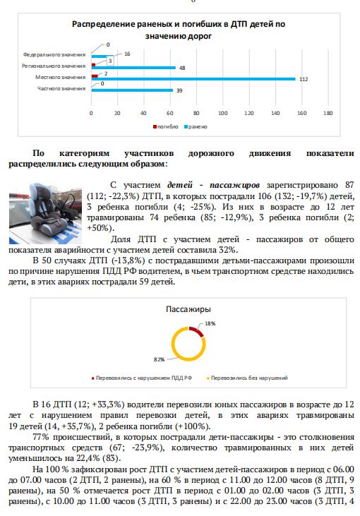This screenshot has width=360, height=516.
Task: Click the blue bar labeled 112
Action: (193, 79)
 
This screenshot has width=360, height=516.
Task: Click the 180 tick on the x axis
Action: (328, 113)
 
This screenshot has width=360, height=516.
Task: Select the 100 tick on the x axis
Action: (222, 113)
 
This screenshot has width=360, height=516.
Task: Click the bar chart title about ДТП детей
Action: (179, 29)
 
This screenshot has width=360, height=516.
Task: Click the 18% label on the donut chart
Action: (210, 323)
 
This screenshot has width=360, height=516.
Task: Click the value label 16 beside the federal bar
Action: (128, 54)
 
